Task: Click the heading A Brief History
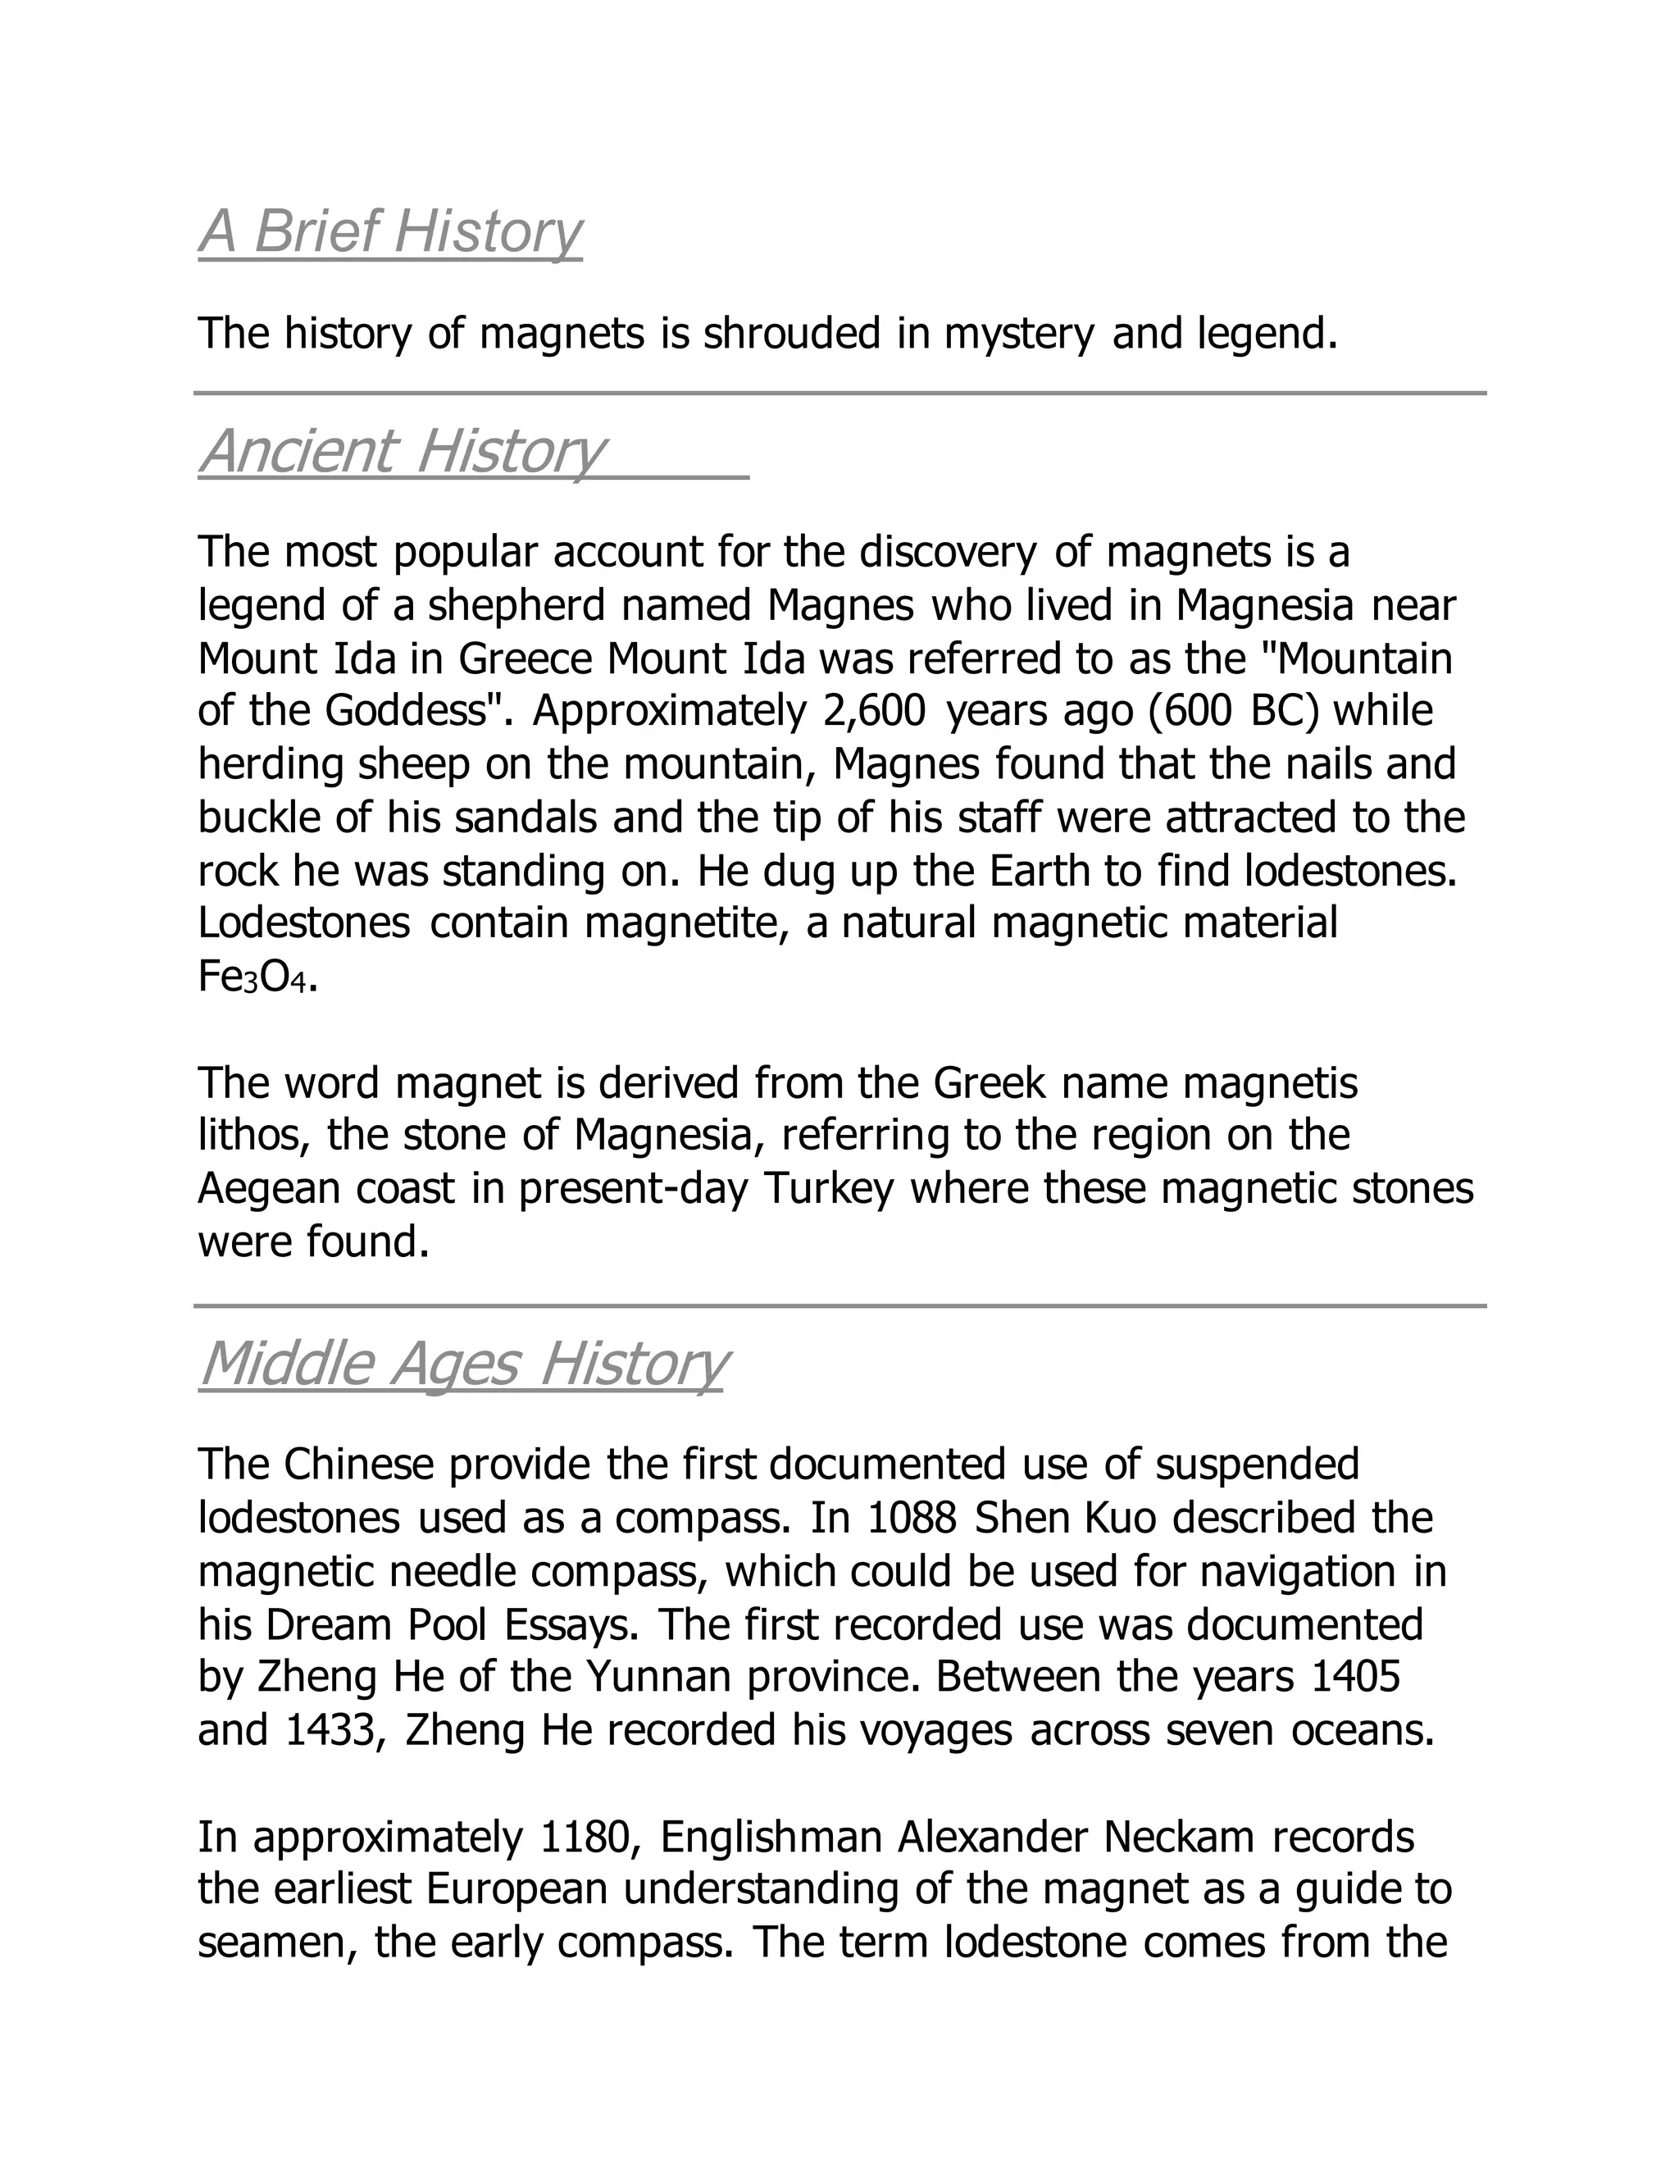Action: point(390,232)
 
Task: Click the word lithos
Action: point(255,1135)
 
